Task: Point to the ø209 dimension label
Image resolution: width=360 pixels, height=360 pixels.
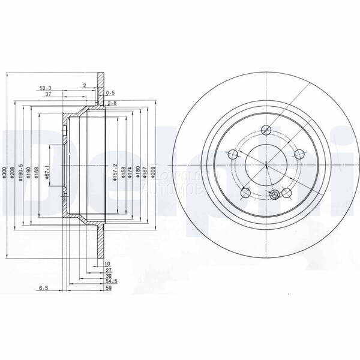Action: (154, 173)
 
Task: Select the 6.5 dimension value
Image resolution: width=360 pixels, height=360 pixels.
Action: (43, 289)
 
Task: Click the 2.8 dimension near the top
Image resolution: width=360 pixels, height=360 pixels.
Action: (111, 104)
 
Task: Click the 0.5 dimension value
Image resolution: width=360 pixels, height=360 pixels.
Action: (110, 93)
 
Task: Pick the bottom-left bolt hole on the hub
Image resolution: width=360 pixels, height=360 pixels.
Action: (245, 193)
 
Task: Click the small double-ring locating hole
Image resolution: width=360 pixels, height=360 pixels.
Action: (275, 195)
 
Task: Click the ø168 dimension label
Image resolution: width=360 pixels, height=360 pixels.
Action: (37, 173)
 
